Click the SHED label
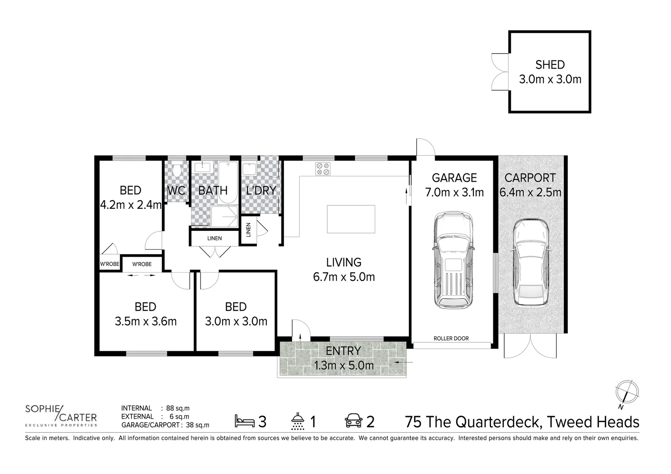(550, 65)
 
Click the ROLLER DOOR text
(451, 338)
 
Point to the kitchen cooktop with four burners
(323, 169)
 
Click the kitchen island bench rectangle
(351, 219)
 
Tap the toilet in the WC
(177, 170)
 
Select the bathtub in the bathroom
(228, 182)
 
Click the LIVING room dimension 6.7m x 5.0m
(344, 277)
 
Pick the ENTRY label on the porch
(343, 351)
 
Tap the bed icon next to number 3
(244, 421)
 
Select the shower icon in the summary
(298, 421)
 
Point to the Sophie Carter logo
(61, 415)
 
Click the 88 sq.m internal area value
(178, 408)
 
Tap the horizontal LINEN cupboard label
(215, 238)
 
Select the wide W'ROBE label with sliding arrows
(142, 264)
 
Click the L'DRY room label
(261, 190)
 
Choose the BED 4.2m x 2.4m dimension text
(131, 205)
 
